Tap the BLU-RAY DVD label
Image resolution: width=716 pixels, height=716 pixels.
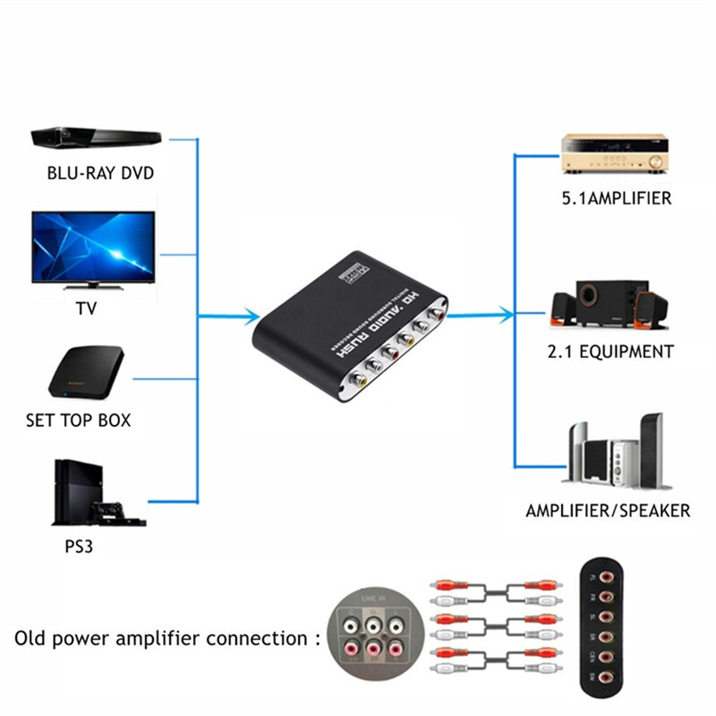coord(99,172)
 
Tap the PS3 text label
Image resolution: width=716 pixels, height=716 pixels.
coord(79,546)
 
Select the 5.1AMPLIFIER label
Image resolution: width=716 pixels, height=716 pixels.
coord(616,199)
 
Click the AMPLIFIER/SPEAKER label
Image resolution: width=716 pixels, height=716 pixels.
coord(608,511)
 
